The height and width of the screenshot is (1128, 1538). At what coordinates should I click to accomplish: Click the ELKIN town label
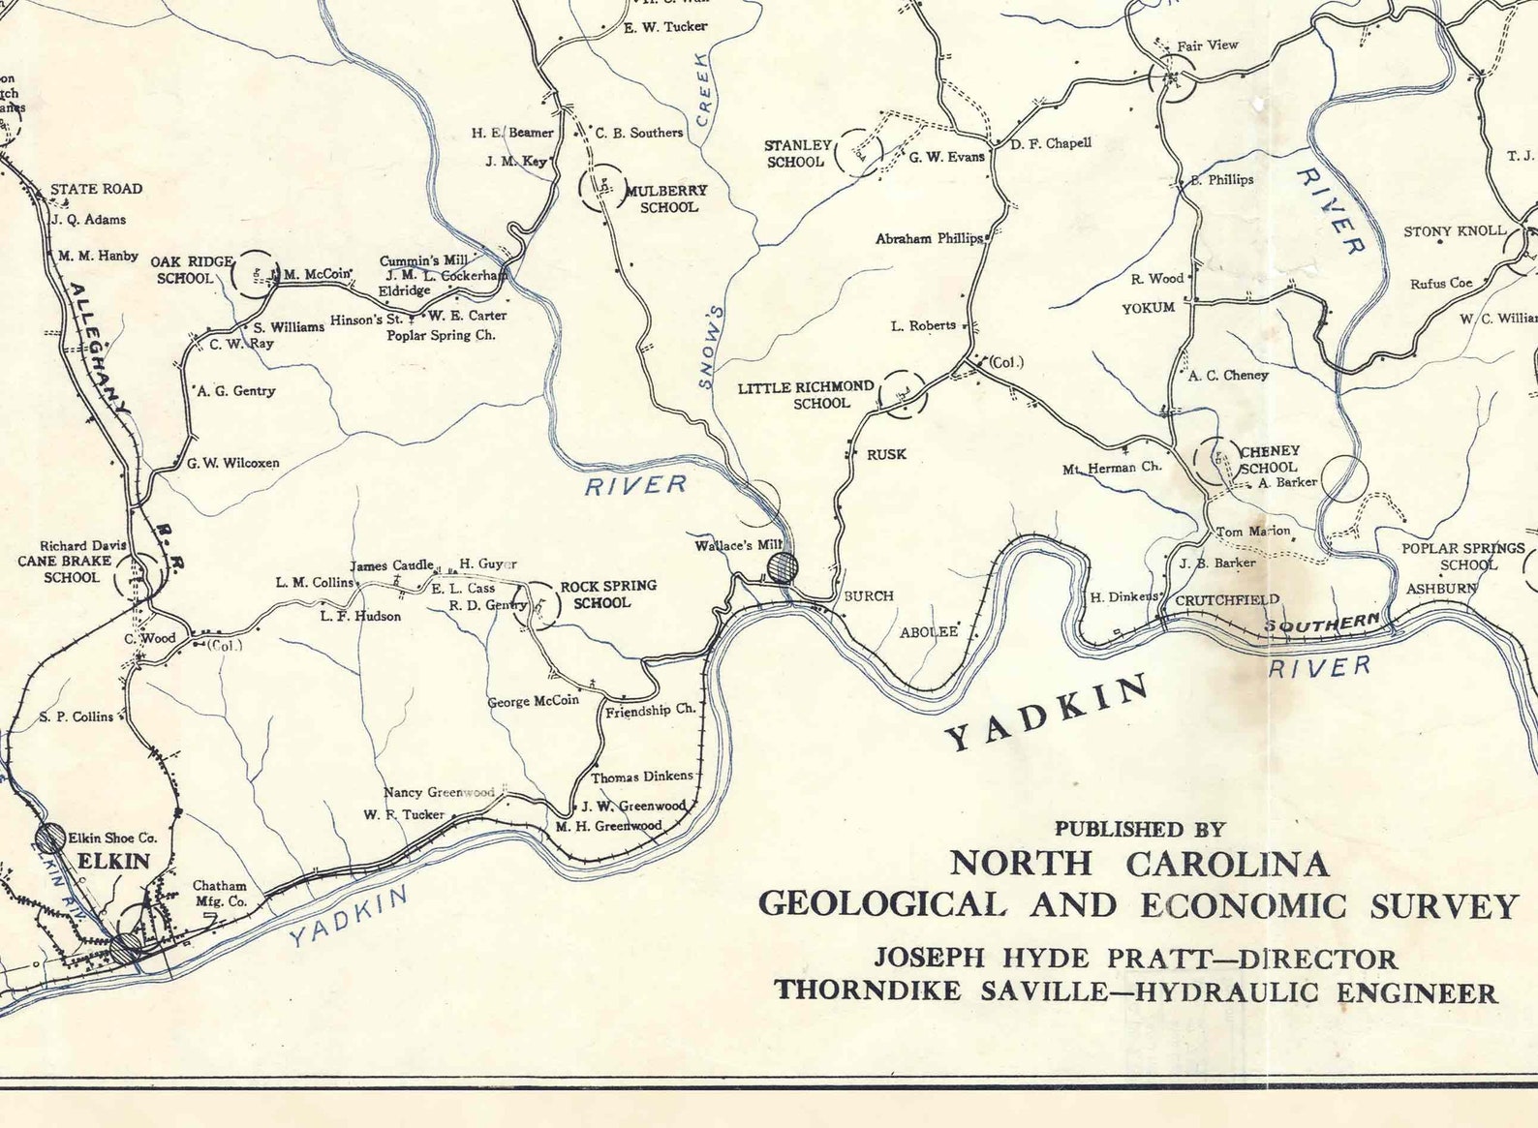113,862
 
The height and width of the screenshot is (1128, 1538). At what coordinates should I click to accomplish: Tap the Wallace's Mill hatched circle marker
782,565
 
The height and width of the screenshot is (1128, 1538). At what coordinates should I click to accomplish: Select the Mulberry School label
667,198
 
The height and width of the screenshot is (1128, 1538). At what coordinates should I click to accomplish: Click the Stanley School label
797,154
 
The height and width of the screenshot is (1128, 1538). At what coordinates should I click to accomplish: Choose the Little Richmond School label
806,395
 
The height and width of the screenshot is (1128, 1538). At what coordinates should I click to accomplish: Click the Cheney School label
1269,459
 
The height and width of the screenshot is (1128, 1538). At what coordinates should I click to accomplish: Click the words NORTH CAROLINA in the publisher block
1139,863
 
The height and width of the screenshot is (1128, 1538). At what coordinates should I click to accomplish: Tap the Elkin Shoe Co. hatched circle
51,838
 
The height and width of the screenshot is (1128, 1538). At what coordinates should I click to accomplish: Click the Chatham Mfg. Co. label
220,893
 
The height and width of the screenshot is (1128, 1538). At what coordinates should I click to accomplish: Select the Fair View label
1208,46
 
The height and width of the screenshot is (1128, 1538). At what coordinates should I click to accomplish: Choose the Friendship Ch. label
650,711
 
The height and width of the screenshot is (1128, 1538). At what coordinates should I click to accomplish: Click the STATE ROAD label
96,189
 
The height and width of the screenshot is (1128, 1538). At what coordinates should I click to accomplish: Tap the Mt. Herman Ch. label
1111,468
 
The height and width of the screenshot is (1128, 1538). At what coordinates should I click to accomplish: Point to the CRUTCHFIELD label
1227,600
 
